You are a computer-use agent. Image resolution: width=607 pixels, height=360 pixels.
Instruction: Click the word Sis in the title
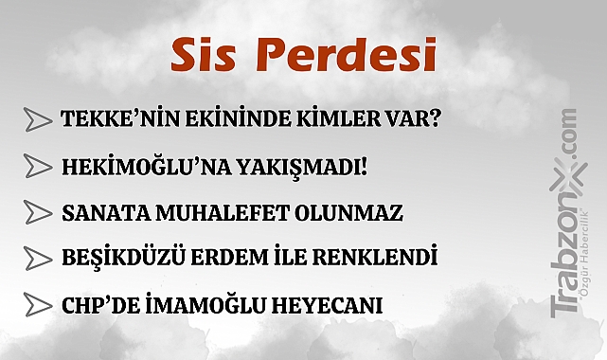(x=200, y=56)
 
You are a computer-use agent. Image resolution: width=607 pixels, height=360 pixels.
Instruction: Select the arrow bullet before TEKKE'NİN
(x=37, y=120)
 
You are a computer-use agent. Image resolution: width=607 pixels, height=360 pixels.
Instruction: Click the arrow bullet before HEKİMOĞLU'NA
(x=37, y=167)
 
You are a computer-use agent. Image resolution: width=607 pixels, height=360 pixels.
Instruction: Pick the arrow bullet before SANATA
(x=37, y=213)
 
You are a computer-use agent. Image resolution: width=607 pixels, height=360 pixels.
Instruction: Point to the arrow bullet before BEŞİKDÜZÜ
(x=37, y=259)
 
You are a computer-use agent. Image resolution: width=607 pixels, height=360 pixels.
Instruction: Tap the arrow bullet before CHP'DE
(x=37, y=305)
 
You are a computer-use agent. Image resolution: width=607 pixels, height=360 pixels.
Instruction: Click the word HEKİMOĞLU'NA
(x=140, y=167)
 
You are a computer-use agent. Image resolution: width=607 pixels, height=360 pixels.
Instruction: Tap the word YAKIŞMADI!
(x=300, y=167)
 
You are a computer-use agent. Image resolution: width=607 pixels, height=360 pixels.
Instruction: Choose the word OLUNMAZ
(x=356, y=213)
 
